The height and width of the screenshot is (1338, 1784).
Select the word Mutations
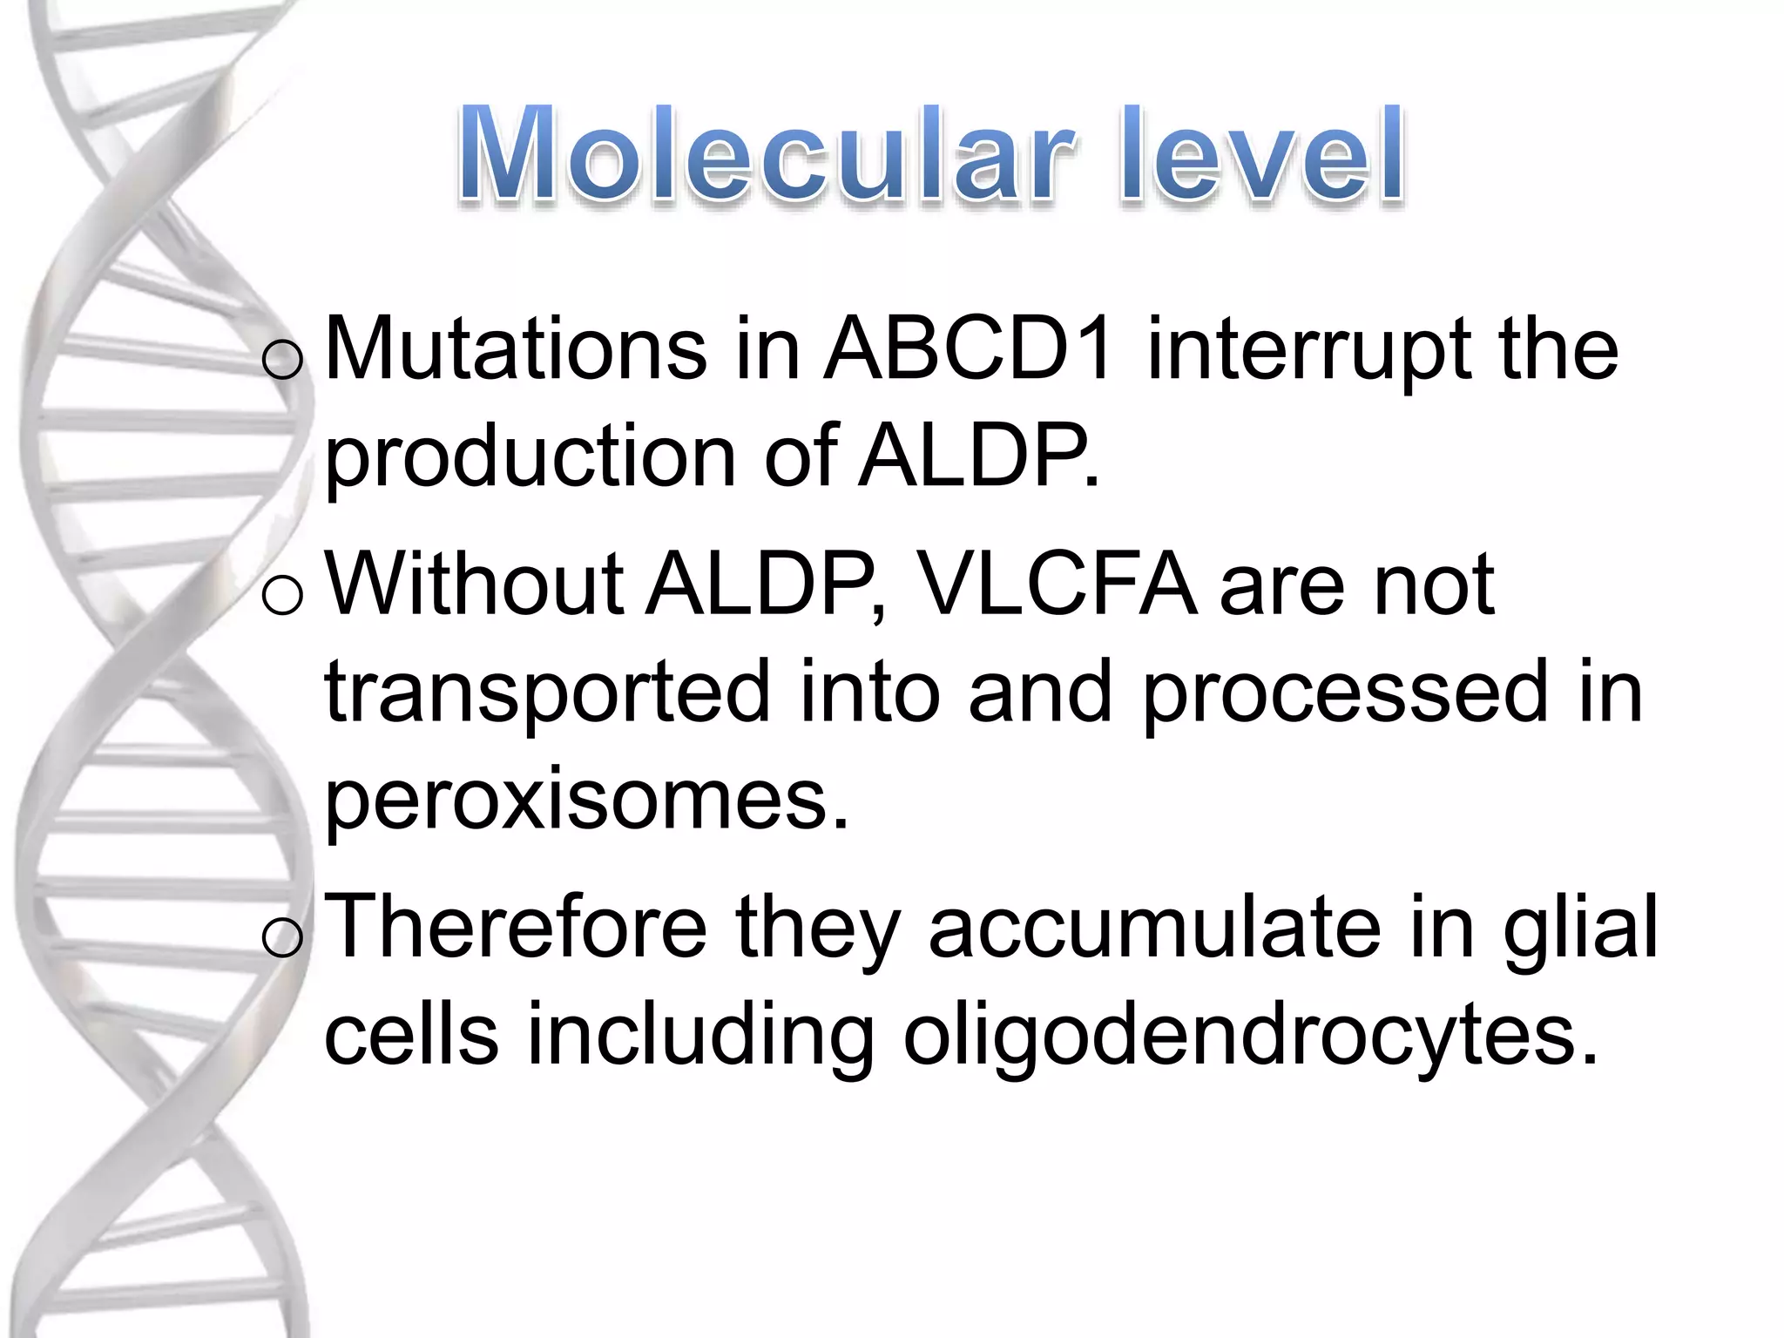(516, 350)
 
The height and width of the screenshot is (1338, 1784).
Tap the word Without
(475, 585)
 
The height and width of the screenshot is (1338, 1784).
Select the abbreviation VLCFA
(1058, 585)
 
